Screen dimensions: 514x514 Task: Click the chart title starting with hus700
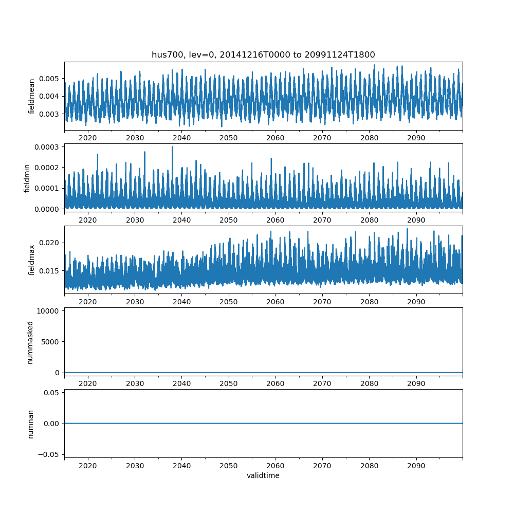click(263, 54)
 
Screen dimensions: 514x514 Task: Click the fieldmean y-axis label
click(32, 96)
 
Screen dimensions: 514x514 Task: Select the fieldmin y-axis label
click(27, 178)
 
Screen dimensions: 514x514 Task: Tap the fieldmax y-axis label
click(32, 260)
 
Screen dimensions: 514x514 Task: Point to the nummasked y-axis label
click(30, 342)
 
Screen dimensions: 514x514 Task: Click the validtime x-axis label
click(263, 475)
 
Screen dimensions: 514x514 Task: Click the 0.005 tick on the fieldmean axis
click(51, 79)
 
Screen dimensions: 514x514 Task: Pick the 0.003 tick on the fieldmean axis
click(51, 114)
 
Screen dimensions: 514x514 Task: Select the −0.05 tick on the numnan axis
click(51, 454)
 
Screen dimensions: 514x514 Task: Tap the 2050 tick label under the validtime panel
click(229, 466)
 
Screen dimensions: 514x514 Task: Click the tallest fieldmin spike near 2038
click(172, 148)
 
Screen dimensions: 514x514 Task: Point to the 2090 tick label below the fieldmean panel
click(416, 138)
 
